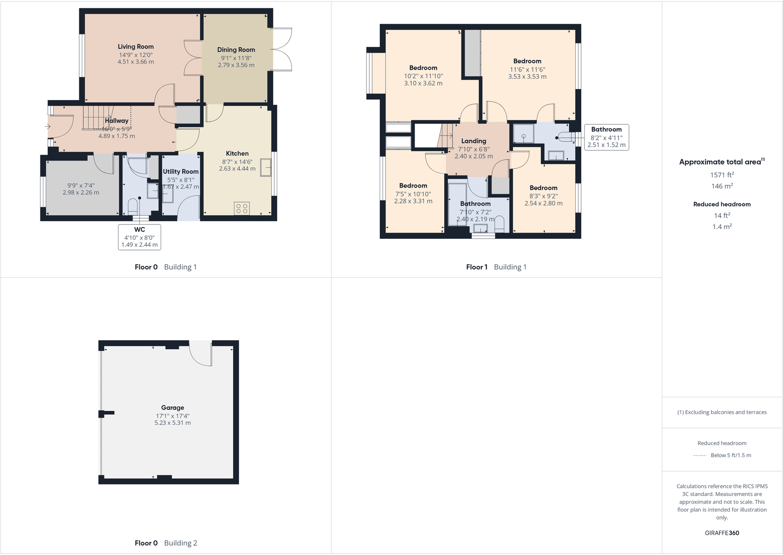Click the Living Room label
pyautogui.click(x=135, y=47)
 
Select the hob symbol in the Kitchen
pyautogui.click(x=242, y=208)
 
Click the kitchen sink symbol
pyautogui.click(x=266, y=167)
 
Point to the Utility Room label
pyautogui.click(x=181, y=171)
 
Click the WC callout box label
pyautogui.click(x=139, y=229)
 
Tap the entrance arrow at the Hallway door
pyautogui.click(x=48, y=127)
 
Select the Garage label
pyautogui.click(x=172, y=408)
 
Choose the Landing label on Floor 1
pyautogui.click(x=474, y=141)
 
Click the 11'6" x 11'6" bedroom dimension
pyautogui.click(x=527, y=69)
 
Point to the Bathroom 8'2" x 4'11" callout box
pyautogui.click(x=606, y=137)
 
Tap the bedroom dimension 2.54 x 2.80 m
pyautogui.click(x=543, y=203)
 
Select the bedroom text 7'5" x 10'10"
pyautogui.click(x=413, y=194)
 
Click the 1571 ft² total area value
pyautogui.click(x=722, y=175)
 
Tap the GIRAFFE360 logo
pyautogui.click(x=722, y=533)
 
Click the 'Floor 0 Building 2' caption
pyautogui.click(x=166, y=543)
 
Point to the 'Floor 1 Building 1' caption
pyautogui.click(x=496, y=267)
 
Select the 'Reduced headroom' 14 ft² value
pyautogui.click(x=722, y=216)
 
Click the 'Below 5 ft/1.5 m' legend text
pyautogui.click(x=731, y=456)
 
